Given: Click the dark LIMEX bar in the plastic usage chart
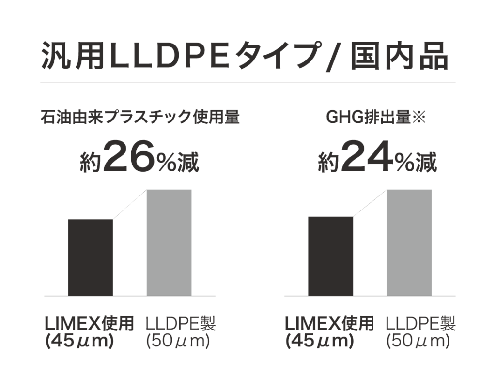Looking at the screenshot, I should click(91, 257).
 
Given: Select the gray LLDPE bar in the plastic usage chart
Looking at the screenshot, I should click(169, 242).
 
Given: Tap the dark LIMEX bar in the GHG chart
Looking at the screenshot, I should click(331, 256).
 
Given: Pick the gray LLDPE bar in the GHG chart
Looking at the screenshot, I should click(409, 242).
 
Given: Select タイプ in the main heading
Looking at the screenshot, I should click(281, 57).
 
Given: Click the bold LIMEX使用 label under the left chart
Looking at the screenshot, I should click(89, 323).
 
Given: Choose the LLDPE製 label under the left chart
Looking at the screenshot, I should click(180, 323).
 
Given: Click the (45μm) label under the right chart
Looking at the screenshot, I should click(320, 341).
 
